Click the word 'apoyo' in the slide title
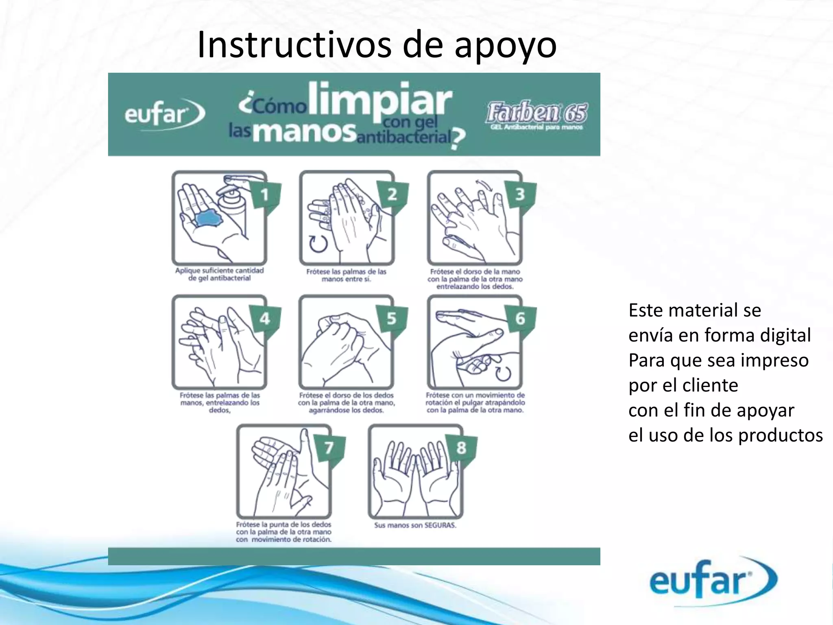tap(505, 46)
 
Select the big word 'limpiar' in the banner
tap(380, 100)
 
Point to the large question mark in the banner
tap(458, 139)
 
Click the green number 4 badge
tap(264, 319)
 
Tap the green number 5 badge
tap(391, 319)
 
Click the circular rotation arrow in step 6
tap(503, 372)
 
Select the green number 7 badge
tap(329, 448)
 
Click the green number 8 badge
tap(461, 448)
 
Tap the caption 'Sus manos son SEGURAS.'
tap(415, 525)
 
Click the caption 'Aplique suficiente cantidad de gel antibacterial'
tap(220, 274)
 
